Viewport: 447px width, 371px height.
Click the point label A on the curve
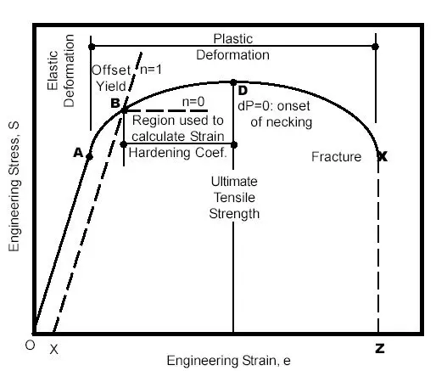point(78,153)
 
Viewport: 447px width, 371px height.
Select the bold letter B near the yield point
point(115,103)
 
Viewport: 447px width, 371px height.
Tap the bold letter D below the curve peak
point(243,91)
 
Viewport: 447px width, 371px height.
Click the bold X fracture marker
point(382,156)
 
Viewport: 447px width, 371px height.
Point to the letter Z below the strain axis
point(380,348)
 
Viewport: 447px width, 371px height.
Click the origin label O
point(30,345)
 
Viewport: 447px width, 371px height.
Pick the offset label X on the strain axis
point(54,349)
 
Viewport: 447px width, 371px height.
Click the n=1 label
point(151,70)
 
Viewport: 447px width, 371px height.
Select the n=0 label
point(193,102)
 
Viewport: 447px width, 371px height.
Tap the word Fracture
point(337,157)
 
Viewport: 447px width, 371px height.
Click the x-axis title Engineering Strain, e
point(229,361)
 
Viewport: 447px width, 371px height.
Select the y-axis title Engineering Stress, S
point(14,187)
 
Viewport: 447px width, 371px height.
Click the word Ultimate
point(234,182)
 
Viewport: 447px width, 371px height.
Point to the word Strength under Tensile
point(234,214)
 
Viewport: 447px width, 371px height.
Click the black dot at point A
point(89,157)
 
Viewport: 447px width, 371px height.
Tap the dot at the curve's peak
point(233,82)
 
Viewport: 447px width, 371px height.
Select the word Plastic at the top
point(233,39)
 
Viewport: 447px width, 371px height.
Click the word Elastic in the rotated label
point(53,70)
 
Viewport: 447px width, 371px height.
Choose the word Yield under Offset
point(111,87)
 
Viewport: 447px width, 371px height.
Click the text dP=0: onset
point(274,106)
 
